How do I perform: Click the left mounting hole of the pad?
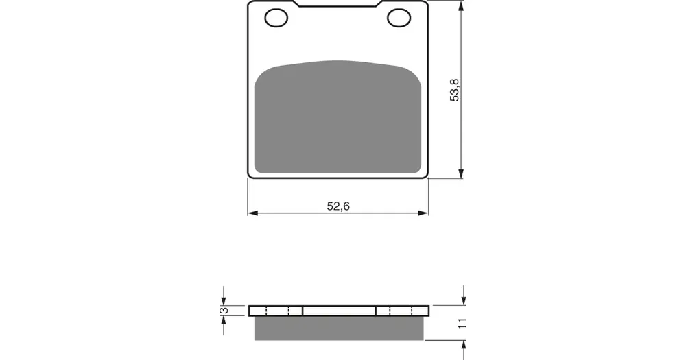click(x=276, y=18)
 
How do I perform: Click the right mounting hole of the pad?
click(x=399, y=18)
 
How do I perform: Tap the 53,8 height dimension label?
click(x=455, y=90)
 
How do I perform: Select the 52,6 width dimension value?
click(x=338, y=206)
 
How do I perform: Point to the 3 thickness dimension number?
click(x=224, y=311)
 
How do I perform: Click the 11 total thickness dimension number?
click(x=462, y=324)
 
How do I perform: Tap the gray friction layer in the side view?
click(x=339, y=328)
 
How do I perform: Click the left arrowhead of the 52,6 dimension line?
click(x=253, y=213)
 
